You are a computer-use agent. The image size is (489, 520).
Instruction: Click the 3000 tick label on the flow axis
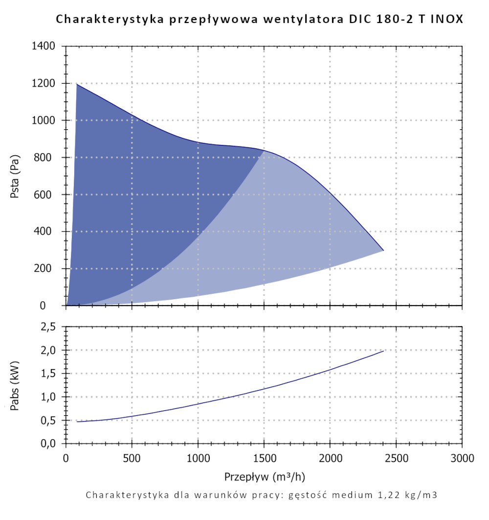(x=462, y=458)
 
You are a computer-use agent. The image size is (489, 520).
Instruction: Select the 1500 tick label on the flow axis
(x=264, y=458)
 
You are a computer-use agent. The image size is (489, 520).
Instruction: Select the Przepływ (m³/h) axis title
(x=264, y=476)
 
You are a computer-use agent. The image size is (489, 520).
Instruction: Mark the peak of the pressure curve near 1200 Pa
(x=77, y=84)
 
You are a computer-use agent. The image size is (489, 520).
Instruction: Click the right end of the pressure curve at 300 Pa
(x=383, y=250)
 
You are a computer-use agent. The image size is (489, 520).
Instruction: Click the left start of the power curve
(x=77, y=422)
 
